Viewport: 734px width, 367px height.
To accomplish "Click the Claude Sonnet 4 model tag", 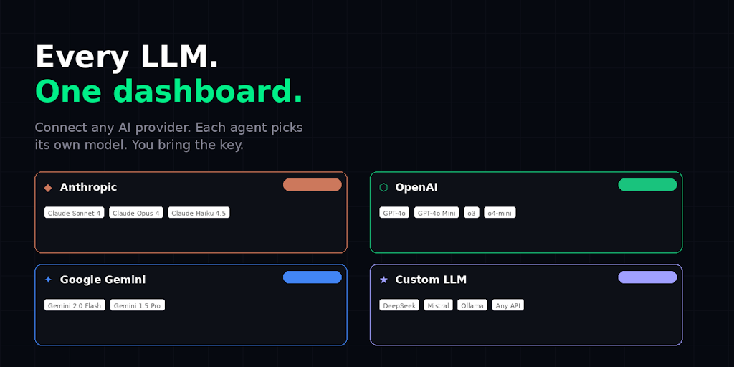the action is click(75, 213).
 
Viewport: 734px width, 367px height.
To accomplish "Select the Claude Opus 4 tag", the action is click(136, 213).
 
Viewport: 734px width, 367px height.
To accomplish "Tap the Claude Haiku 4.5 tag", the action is click(199, 213).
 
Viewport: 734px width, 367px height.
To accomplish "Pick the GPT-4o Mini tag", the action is click(437, 213).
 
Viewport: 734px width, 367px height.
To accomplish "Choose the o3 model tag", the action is click(472, 213).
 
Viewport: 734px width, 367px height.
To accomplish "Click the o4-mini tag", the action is click(500, 213).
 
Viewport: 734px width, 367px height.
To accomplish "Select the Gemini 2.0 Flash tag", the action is click(75, 305).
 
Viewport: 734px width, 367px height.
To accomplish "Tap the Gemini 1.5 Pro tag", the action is click(138, 305).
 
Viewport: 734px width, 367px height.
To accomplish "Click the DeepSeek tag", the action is click(399, 305).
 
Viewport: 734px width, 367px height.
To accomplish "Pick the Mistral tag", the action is click(439, 305).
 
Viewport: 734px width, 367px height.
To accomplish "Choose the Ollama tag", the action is click(472, 305).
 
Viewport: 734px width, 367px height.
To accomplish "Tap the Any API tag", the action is click(508, 305).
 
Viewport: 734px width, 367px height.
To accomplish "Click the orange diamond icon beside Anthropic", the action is click(48, 188).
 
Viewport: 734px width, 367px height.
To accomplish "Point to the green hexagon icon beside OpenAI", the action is click(383, 187).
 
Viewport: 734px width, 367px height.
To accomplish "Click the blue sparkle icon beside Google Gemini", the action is click(48, 280).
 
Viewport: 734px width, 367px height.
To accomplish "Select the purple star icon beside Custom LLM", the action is click(384, 280).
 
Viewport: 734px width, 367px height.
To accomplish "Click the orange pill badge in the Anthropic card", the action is click(313, 184).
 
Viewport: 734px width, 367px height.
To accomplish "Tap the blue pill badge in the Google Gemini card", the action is click(313, 277).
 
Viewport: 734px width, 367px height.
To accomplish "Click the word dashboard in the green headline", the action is click(206, 91).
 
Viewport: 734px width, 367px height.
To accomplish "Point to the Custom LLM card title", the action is click(431, 280).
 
